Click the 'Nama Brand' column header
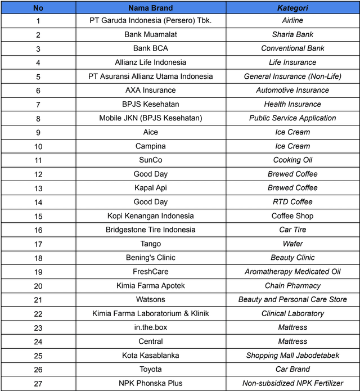(x=150, y=8)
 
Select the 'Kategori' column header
(x=292, y=8)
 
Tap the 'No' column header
(x=38, y=8)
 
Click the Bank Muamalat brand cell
(x=150, y=34)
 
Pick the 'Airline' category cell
(x=292, y=20)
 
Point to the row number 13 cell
(x=38, y=188)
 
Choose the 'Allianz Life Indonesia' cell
(x=150, y=62)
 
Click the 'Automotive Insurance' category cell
(x=292, y=90)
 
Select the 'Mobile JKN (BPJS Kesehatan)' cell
(x=150, y=118)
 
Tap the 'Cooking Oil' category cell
(x=292, y=160)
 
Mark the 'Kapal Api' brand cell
(x=150, y=188)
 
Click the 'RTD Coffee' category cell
(x=292, y=202)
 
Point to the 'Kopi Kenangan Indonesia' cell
(x=150, y=216)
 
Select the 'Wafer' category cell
(x=292, y=244)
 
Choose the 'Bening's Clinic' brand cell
(x=150, y=258)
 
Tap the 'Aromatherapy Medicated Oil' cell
(x=292, y=272)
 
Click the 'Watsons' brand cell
(x=150, y=299)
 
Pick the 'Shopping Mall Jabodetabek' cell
(x=292, y=356)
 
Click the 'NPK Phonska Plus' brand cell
(x=150, y=383)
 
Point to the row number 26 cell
(x=38, y=370)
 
